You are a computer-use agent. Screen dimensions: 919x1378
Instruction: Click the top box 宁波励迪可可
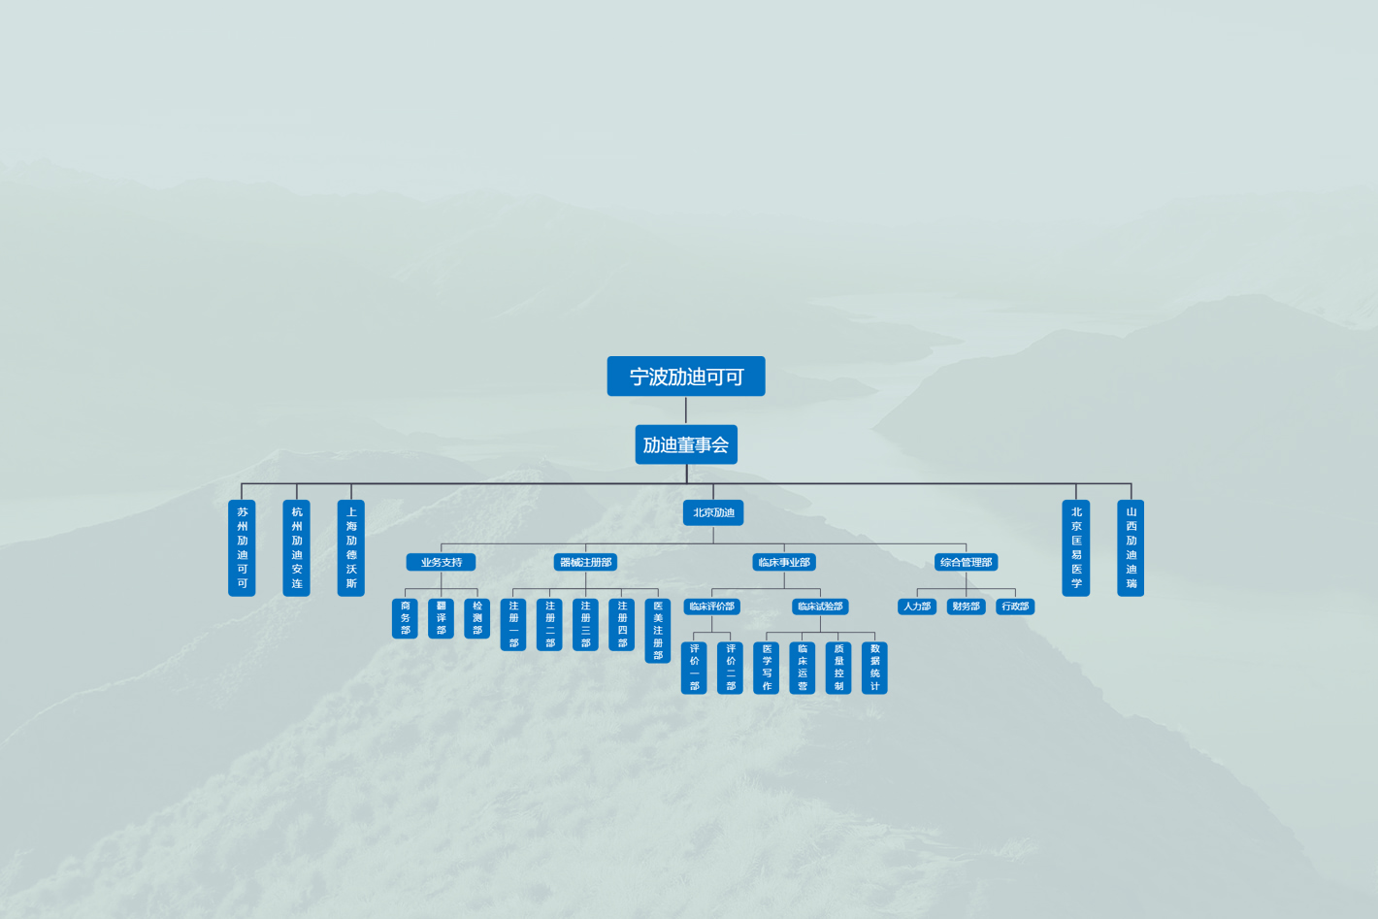coord(686,377)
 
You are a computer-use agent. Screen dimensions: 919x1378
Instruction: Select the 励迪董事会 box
coord(686,444)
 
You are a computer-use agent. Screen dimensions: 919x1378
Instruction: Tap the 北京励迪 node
coord(713,512)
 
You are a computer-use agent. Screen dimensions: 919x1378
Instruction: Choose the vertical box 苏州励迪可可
coord(242,547)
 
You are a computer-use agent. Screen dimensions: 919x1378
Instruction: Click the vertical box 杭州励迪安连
coord(296,547)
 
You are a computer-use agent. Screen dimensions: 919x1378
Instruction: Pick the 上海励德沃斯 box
coord(351,547)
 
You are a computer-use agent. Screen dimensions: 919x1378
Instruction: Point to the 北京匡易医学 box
coord(1076,547)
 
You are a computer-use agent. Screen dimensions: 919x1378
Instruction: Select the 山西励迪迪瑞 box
coord(1131,547)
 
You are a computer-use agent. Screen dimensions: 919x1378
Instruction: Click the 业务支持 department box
coord(441,562)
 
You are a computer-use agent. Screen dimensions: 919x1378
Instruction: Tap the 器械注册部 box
coord(585,562)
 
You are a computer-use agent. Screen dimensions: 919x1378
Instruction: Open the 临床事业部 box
coord(784,562)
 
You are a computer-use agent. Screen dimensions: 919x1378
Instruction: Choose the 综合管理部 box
coord(966,562)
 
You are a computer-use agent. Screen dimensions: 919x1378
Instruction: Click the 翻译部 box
coord(441,618)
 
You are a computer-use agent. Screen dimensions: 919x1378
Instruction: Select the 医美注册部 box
coord(658,630)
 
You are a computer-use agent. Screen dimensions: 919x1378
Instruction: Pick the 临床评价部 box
coord(711,607)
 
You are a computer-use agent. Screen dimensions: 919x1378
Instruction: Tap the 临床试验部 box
coord(820,607)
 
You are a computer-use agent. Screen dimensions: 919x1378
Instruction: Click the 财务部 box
coord(966,607)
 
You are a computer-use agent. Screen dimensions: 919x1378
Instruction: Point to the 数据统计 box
coord(874,668)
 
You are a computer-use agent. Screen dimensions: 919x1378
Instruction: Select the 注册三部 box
coord(585,624)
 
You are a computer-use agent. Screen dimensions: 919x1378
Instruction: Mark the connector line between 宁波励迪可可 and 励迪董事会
coord(686,410)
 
